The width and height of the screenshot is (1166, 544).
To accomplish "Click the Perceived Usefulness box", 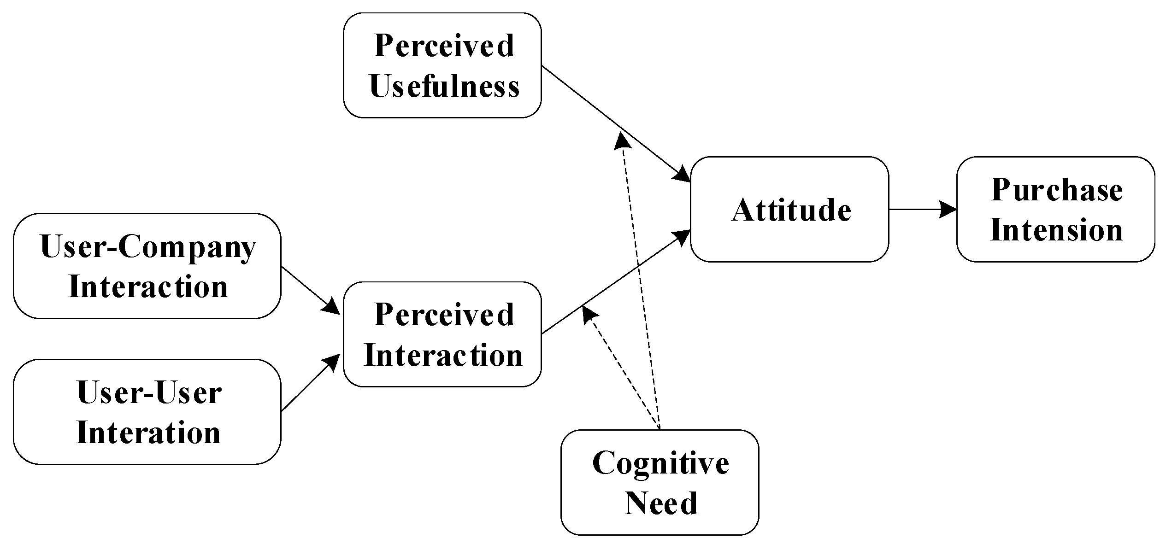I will [442, 65].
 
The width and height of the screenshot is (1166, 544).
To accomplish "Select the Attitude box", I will [789, 210].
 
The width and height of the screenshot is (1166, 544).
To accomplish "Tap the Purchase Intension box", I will [1055, 210].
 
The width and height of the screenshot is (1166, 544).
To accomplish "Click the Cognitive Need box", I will [660, 482].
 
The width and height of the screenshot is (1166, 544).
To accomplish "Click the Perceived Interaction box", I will [442, 334].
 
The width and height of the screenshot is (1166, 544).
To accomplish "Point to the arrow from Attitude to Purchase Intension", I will [922, 210].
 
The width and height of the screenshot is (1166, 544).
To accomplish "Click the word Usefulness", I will [444, 87].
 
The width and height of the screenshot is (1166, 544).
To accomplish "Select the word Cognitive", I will [660, 462].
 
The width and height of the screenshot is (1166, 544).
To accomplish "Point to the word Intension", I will [1056, 230].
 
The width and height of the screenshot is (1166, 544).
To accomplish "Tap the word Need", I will [661, 503].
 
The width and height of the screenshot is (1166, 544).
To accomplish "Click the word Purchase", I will [1056, 190].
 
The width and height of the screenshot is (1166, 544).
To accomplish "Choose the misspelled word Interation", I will [148, 433].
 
